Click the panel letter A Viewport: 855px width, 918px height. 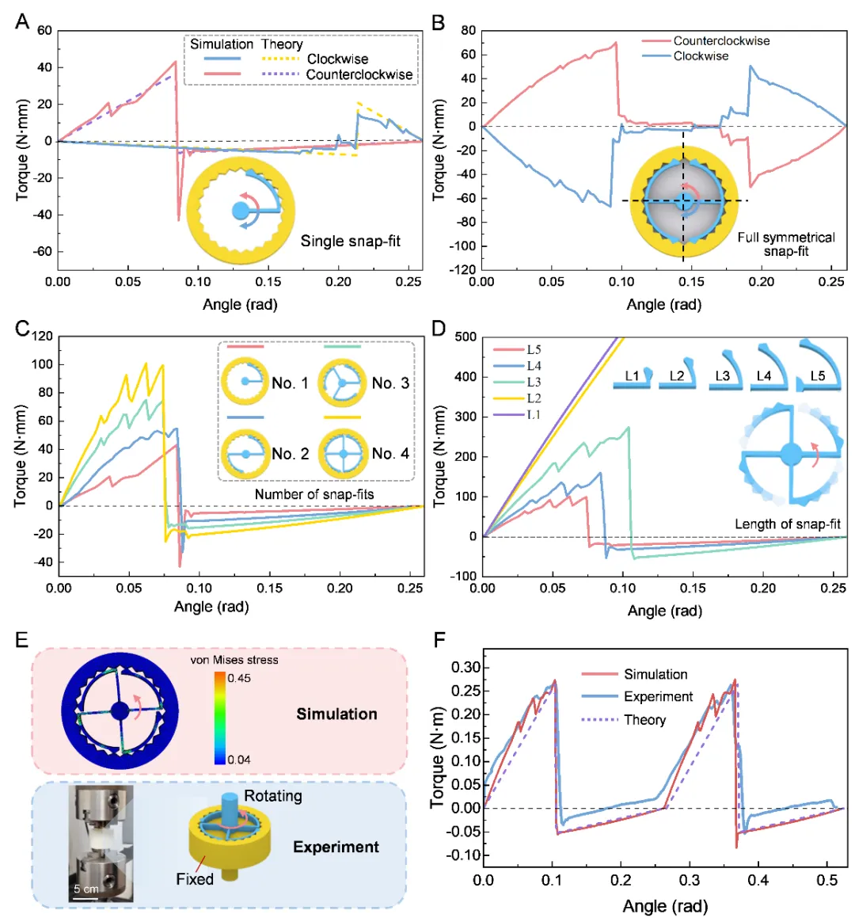pyautogui.click(x=22, y=21)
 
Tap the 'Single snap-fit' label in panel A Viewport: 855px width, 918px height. pyautogui.click(x=350, y=241)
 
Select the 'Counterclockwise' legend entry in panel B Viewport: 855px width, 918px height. pyautogui.click(x=720, y=41)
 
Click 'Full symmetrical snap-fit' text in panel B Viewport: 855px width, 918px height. pyautogui.click(x=785, y=244)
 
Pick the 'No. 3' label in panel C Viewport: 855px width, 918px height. pyautogui.click(x=390, y=383)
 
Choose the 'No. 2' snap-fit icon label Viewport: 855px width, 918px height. pyautogui.click(x=290, y=454)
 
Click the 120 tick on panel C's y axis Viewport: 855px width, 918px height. pyautogui.click(x=42, y=337)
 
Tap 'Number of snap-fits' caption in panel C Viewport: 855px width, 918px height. pyautogui.click(x=314, y=494)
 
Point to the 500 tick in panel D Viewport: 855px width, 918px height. pyautogui.click(x=465, y=337)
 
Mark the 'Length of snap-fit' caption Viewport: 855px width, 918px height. pyautogui.click(x=787, y=524)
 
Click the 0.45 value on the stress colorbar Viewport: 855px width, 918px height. pyautogui.click(x=239, y=678)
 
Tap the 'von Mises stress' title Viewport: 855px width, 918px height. pyautogui.click(x=234, y=659)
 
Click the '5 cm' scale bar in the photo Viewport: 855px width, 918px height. pyautogui.click(x=85, y=889)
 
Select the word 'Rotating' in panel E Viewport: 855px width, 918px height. pyautogui.click(x=272, y=796)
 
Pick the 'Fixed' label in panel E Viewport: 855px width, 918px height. pyautogui.click(x=195, y=879)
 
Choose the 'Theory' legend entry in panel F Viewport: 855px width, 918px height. pyautogui.click(x=644, y=720)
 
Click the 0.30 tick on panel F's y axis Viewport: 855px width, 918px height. pyautogui.click(x=465, y=667)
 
